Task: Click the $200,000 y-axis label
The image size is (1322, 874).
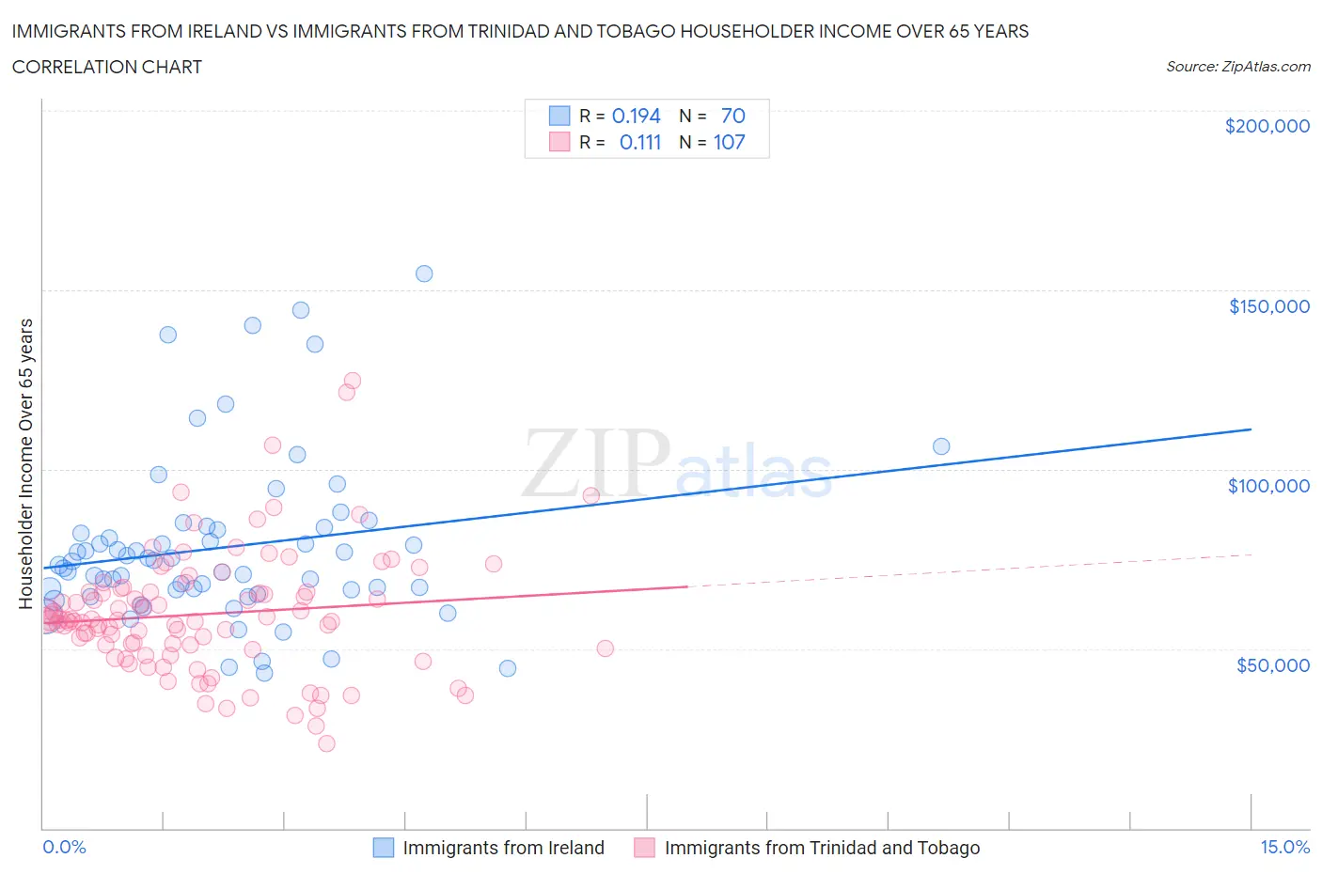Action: [x=1267, y=126]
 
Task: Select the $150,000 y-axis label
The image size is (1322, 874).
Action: [x=1268, y=305]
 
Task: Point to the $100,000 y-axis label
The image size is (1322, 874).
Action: [x=1268, y=485]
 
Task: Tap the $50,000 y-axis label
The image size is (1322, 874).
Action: [x=1272, y=664]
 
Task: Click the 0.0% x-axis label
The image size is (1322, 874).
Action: [x=64, y=847]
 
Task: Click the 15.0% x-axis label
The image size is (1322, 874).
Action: [x=1284, y=847]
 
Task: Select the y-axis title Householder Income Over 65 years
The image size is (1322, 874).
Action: [x=26, y=463]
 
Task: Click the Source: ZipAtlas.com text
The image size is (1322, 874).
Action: [x=1237, y=66]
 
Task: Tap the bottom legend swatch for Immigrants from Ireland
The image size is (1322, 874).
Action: [x=384, y=848]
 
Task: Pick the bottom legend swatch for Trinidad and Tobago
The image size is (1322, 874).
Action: [x=644, y=848]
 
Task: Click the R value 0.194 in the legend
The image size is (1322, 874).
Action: [x=636, y=116]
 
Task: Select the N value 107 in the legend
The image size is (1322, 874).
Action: [x=729, y=142]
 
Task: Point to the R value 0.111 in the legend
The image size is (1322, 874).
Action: [x=639, y=142]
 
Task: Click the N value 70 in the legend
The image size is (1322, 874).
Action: [x=732, y=116]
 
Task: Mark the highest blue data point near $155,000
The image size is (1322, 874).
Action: [x=424, y=273]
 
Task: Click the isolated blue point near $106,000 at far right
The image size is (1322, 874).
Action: [x=941, y=446]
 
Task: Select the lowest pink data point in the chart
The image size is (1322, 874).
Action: [x=326, y=743]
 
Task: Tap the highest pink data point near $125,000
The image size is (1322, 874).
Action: [x=353, y=381]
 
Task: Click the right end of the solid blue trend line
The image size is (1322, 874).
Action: [x=1251, y=429]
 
